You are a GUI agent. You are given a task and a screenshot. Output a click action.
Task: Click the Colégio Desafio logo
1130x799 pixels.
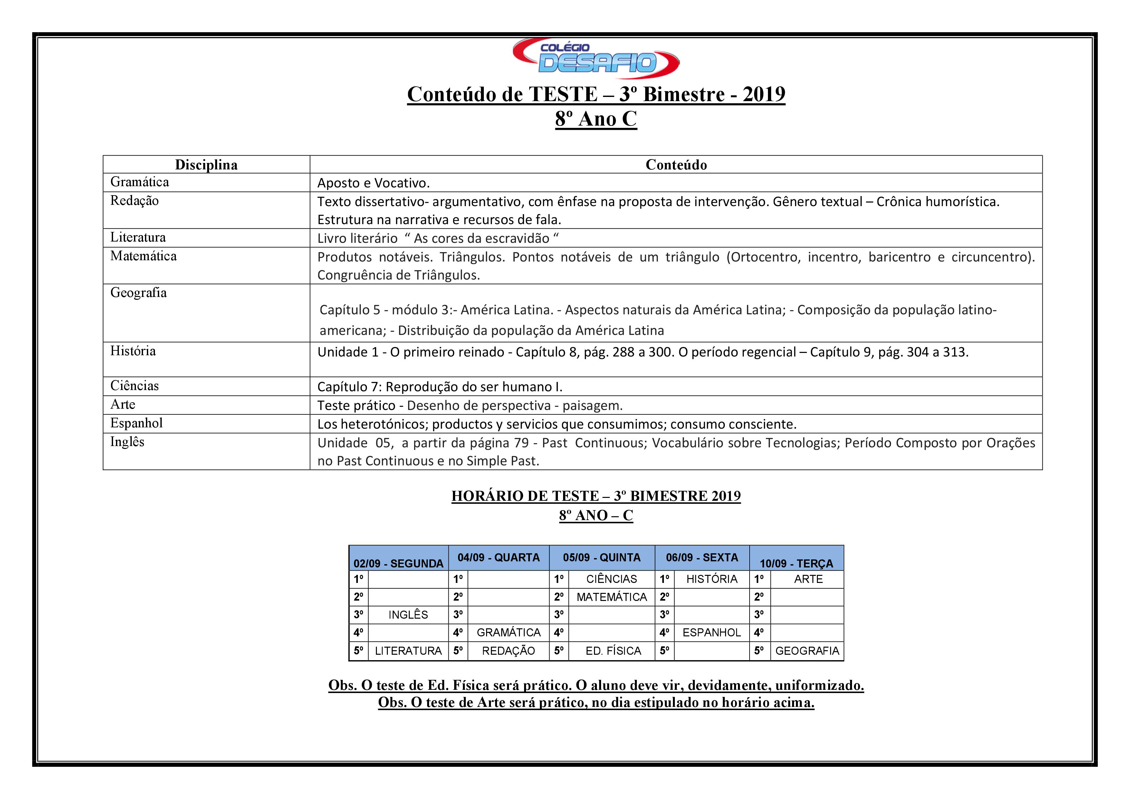pyautogui.click(x=596, y=58)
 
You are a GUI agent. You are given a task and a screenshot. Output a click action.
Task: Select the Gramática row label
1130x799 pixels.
pyautogui.click(x=140, y=182)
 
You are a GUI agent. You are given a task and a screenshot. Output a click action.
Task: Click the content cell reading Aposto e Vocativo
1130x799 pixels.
pyautogui.click(x=373, y=183)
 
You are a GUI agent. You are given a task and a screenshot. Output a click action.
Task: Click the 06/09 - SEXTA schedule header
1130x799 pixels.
pyautogui.click(x=702, y=557)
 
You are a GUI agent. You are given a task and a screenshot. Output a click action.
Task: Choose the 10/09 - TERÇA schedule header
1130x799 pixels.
pyautogui.click(x=796, y=563)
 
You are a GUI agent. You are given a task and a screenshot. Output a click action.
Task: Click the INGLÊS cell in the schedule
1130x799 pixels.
pyautogui.click(x=408, y=614)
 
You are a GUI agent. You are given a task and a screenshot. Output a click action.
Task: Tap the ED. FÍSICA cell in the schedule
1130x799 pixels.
pyautogui.click(x=613, y=651)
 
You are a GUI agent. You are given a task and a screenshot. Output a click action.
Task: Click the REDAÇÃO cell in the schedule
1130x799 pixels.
pyautogui.click(x=508, y=651)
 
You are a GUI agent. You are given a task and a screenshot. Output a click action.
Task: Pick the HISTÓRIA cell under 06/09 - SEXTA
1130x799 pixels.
pyautogui.click(x=712, y=579)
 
